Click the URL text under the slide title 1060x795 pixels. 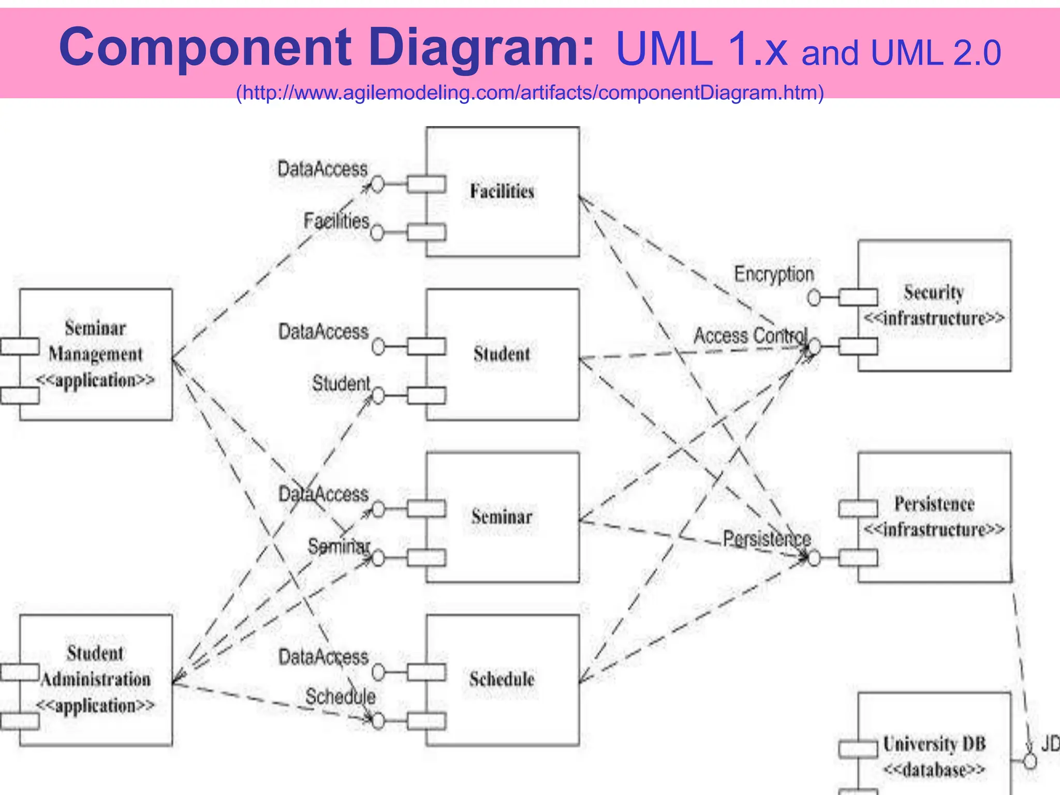[x=529, y=93]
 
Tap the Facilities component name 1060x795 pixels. [x=502, y=192]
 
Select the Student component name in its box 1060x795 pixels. [x=502, y=354]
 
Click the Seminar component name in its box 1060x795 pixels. [x=502, y=517]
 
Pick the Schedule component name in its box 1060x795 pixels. [x=502, y=679]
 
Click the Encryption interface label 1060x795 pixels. [x=774, y=274]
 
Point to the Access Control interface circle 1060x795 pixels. [x=814, y=346]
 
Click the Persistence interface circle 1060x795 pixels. [x=814, y=558]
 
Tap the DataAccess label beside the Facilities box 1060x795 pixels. [x=322, y=169]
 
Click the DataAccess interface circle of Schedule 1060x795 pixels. [x=378, y=672]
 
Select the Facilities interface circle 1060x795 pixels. [x=377, y=232]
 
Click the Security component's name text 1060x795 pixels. [x=934, y=292]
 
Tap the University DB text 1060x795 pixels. [x=934, y=744]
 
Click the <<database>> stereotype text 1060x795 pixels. [x=934, y=770]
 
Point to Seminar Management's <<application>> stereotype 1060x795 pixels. [x=95, y=380]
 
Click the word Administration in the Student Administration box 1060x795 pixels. [x=96, y=679]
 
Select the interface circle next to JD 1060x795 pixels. [x=1030, y=761]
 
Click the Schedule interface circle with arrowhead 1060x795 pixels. [x=378, y=721]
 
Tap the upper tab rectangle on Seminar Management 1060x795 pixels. [x=20, y=346]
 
